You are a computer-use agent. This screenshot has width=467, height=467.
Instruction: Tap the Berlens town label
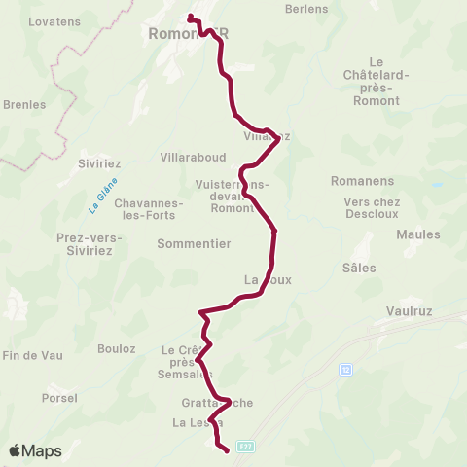306,9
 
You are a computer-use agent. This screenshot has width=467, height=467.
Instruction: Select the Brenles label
24,104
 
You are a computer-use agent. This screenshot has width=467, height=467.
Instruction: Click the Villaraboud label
197,157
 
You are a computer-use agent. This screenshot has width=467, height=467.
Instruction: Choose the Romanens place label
362,181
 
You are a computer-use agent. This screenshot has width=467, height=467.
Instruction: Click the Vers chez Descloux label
372,208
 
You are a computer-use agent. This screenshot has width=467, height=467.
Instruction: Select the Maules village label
418,234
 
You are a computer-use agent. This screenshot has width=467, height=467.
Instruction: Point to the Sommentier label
194,244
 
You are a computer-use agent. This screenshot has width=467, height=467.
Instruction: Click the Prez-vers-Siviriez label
85,244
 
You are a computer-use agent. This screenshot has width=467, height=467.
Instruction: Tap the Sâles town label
359,267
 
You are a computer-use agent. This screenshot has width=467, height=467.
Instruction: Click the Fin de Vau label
33,355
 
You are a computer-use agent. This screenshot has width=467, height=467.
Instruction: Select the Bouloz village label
116,347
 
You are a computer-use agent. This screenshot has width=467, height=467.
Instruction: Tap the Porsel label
59,398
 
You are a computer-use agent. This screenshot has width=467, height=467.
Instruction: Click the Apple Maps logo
35,450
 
